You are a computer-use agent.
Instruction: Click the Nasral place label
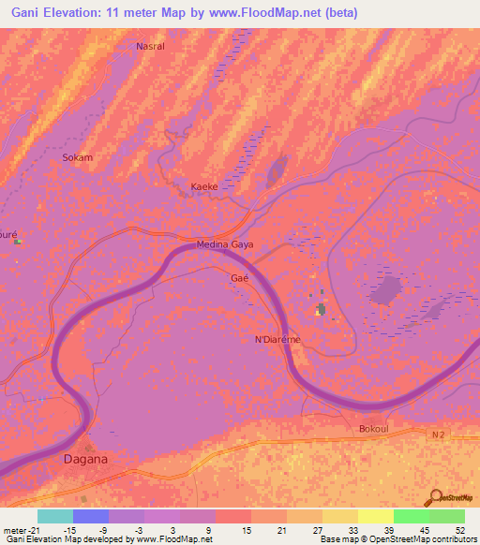coord(150,46)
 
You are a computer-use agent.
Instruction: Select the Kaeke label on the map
coord(204,186)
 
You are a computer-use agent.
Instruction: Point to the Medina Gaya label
coord(225,244)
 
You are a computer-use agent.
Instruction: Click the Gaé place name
coord(238,278)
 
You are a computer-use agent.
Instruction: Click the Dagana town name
coord(84,459)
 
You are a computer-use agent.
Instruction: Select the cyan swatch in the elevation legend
coord(54,516)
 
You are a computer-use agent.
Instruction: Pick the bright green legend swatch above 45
coord(412,516)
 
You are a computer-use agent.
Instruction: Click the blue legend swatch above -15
coord(90,516)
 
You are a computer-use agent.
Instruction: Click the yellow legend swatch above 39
coord(376,516)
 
